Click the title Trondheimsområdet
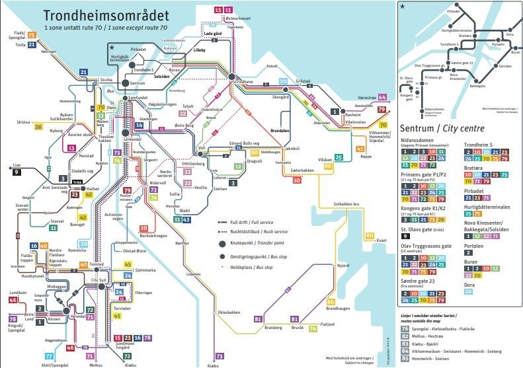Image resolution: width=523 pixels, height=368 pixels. click(x=106, y=15)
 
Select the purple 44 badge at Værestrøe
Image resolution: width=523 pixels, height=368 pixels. click(x=382, y=97)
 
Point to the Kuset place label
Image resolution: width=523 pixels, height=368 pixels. click(x=381, y=240)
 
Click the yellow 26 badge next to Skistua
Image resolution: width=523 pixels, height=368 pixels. click(x=38, y=126)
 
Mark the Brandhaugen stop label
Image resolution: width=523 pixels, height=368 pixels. click(x=338, y=309)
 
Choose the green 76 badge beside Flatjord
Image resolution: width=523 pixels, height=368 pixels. click(x=313, y=328)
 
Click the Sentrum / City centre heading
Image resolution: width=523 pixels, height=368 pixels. click(x=442, y=128)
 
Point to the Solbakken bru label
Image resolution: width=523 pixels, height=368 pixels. click(x=346, y=204)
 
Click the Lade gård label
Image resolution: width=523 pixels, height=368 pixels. click(x=213, y=32)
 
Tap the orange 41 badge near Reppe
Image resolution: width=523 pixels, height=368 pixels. click(x=360, y=149)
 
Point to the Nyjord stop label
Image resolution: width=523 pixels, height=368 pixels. click(x=342, y=265)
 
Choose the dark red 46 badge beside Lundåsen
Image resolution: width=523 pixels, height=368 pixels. click(x=13, y=300)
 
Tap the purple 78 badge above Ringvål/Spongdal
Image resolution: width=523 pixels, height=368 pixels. click(x=13, y=320)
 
